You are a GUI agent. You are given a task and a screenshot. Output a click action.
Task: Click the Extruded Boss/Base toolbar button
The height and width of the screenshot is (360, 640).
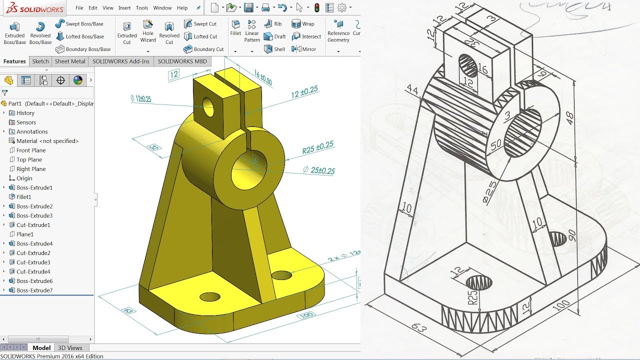pos(14,32)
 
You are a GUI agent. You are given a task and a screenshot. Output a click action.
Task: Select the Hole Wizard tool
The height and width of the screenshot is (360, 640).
pos(148,31)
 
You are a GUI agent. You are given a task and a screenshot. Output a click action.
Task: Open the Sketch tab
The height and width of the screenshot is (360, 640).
pos(40,61)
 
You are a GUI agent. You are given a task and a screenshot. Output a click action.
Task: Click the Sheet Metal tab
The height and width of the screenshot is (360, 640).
pos(70,61)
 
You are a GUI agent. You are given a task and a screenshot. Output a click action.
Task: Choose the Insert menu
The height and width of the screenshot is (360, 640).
pos(124,8)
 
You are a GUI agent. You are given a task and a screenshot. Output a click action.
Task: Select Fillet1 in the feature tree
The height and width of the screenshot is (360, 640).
pos(23,197)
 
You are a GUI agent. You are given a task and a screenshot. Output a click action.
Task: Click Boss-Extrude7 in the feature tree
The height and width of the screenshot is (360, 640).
pos(34,290)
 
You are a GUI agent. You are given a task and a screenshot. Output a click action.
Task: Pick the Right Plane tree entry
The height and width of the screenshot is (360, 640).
pos(31,169)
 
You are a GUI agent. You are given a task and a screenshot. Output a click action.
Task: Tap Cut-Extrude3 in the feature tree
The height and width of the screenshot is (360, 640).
pos(33,262)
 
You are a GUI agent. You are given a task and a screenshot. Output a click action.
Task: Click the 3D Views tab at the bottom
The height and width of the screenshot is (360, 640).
pos(70,348)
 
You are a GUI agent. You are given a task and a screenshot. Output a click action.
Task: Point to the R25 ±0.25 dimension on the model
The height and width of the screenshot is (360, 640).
pos(317,147)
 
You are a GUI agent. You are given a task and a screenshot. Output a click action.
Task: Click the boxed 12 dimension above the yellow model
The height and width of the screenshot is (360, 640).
pos(173,74)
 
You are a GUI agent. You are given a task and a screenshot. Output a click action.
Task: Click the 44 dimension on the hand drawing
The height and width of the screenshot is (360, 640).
pos(412,89)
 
